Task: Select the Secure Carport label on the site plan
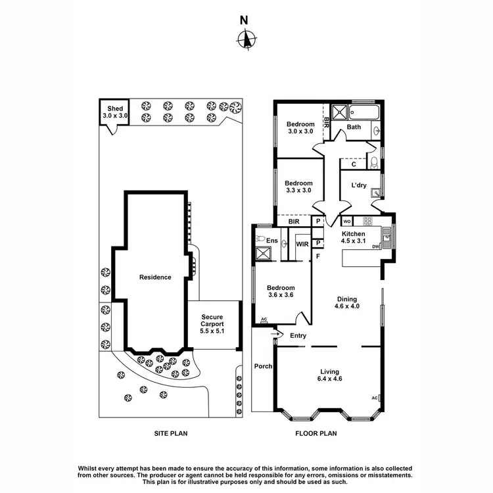tap(212, 324)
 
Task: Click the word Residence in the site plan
tap(155, 277)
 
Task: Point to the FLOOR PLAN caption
tap(316, 434)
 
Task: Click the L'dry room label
tap(359, 185)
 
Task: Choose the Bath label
tap(354, 127)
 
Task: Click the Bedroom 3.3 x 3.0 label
tap(298, 187)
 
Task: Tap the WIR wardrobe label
tap(302, 245)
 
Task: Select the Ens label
tap(272, 241)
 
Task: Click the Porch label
tap(263, 366)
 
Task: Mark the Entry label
tap(298, 336)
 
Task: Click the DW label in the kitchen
tap(375, 247)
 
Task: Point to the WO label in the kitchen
tap(346, 221)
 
